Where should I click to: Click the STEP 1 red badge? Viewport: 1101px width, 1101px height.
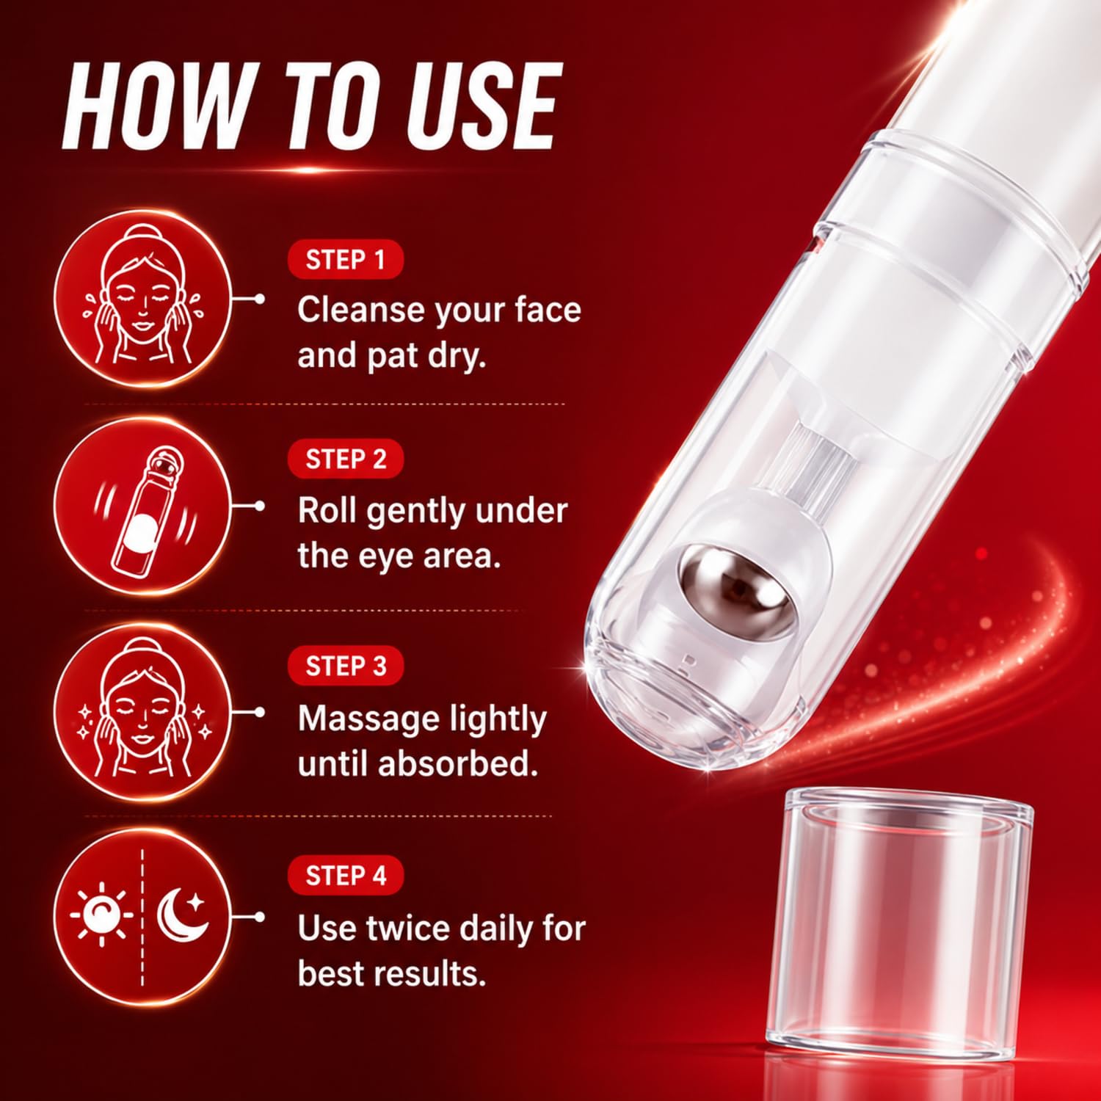click(346, 260)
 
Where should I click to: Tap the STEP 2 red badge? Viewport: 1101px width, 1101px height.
click(346, 459)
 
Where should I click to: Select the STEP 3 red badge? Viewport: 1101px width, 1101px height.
click(346, 666)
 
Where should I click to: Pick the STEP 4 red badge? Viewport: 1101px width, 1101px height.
click(346, 876)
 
